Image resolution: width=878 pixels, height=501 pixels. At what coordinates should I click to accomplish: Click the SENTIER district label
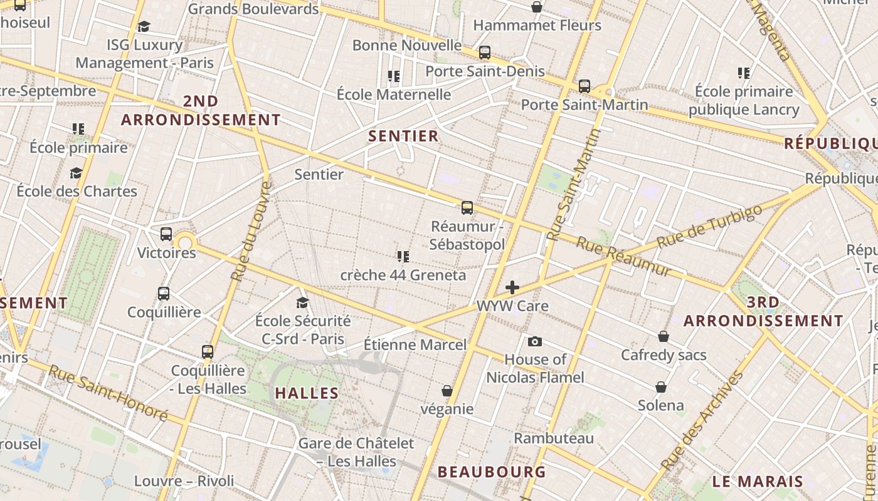(403, 136)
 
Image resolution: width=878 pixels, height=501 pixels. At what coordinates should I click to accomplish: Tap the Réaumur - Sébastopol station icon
(467, 208)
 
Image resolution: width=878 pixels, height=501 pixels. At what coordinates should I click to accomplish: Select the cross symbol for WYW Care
(512, 287)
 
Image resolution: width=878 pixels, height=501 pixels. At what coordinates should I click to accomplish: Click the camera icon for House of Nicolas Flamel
(535, 341)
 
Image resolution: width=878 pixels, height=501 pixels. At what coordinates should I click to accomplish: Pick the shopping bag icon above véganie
(447, 391)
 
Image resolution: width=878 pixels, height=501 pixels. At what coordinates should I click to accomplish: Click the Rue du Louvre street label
(251, 230)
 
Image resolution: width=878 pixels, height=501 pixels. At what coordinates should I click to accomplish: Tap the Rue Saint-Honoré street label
(108, 393)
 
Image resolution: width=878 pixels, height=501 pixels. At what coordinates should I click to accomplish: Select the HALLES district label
(307, 393)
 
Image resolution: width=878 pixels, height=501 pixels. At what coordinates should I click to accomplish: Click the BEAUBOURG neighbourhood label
(492, 472)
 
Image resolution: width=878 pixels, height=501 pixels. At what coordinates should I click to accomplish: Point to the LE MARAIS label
(758, 481)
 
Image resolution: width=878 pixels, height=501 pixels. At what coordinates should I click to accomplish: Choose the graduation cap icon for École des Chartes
(77, 173)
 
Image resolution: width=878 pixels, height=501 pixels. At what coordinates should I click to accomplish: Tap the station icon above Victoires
(166, 234)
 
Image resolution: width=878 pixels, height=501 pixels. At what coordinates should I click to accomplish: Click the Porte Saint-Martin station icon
(584, 86)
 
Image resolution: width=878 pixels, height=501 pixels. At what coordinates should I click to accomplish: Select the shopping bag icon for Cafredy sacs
(664, 337)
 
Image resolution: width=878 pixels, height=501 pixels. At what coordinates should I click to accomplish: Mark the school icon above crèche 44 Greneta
(403, 257)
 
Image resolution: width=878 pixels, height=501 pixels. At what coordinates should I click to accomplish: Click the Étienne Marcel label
(415, 344)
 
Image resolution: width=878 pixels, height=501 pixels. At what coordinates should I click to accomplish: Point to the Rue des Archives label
(702, 421)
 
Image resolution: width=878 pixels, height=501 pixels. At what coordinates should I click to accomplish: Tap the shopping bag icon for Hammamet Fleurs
(537, 8)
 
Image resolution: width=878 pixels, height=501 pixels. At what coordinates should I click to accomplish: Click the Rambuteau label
(554, 438)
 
